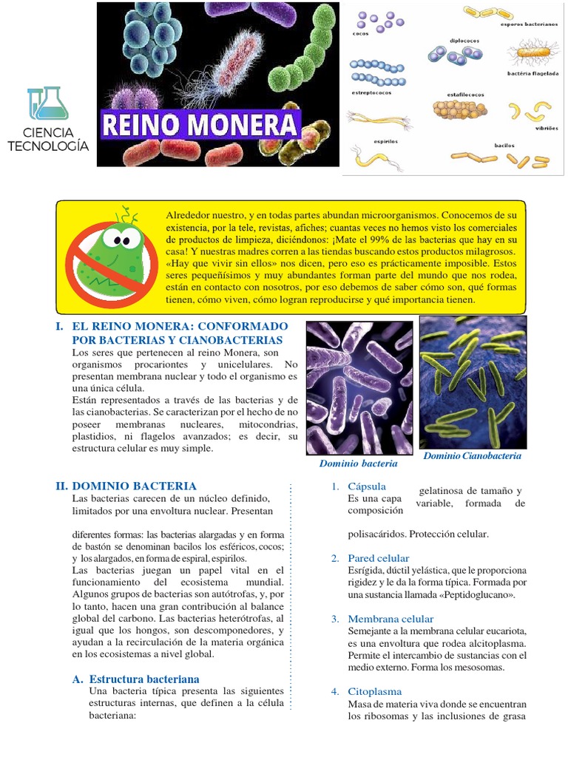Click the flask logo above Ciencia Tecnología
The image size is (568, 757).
pos(47,103)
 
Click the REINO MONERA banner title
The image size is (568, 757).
pos(200,124)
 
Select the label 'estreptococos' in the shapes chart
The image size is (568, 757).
pos(372,93)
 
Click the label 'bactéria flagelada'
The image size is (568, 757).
pos(532,74)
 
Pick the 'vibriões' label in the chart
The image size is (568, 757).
pos(544,128)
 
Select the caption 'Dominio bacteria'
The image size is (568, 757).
pos(358,464)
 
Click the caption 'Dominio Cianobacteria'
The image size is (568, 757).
pos(472,456)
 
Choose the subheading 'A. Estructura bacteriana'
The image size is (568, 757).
pos(143,679)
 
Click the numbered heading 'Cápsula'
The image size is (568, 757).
pos(367,486)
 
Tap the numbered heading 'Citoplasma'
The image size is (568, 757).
pos(375,691)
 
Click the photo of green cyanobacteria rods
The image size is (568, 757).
pos(473,381)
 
